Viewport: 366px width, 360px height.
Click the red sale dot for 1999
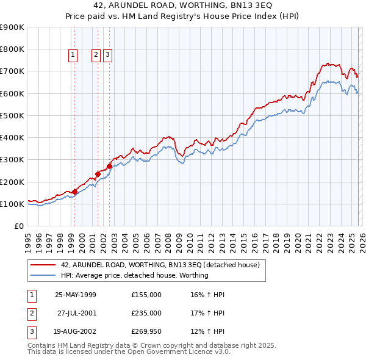click(x=74, y=192)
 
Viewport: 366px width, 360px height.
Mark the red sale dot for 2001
click(x=98, y=174)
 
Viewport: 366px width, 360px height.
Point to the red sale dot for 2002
click(x=109, y=166)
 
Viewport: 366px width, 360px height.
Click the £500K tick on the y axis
click(x=12, y=115)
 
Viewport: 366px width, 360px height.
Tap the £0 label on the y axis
click(x=18, y=226)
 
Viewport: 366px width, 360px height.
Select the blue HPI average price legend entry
click(x=134, y=275)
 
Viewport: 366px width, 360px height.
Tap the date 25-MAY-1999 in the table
click(x=76, y=295)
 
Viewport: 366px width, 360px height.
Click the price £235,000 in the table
click(x=146, y=313)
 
